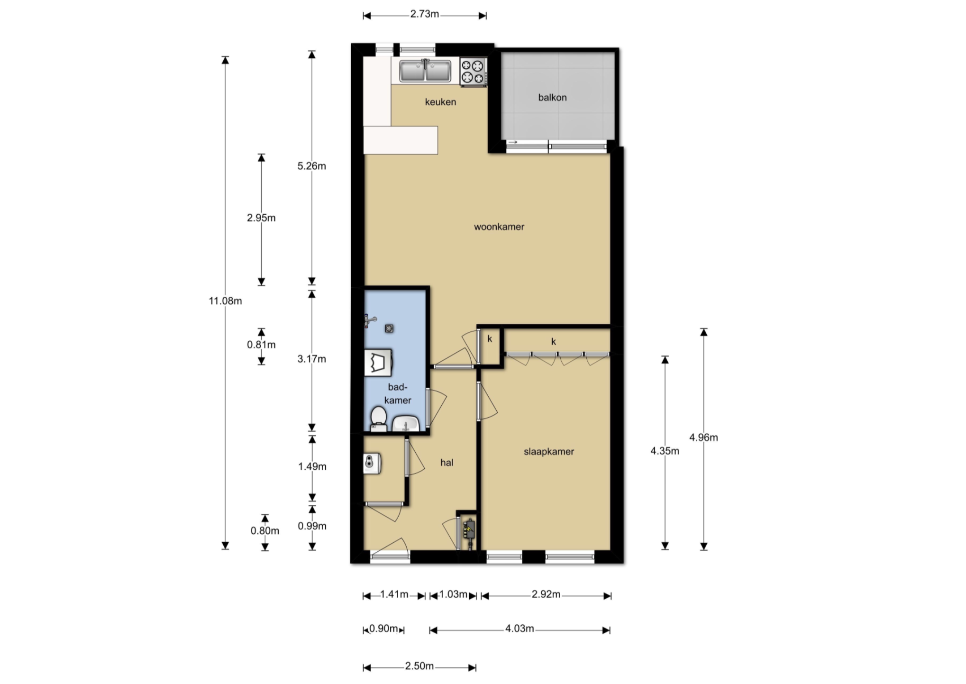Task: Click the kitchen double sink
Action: (425, 71)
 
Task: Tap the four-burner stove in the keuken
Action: (473, 72)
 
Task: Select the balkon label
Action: (552, 98)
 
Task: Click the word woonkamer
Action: (499, 227)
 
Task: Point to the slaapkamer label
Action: (549, 452)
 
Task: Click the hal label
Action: (447, 463)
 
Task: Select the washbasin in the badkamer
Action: (406, 423)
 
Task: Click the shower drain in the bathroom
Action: (389, 328)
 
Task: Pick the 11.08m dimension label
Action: (225, 301)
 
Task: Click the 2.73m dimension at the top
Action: (425, 14)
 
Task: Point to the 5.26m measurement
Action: (311, 166)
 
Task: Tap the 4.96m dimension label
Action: (703, 438)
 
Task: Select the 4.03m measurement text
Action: (519, 629)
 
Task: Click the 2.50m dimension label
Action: (419, 666)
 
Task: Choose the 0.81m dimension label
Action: (261, 345)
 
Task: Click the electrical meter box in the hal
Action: (469, 530)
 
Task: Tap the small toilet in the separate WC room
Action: (372, 463)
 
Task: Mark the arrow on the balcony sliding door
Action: (513, 142)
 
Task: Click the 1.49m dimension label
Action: (312, 466)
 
